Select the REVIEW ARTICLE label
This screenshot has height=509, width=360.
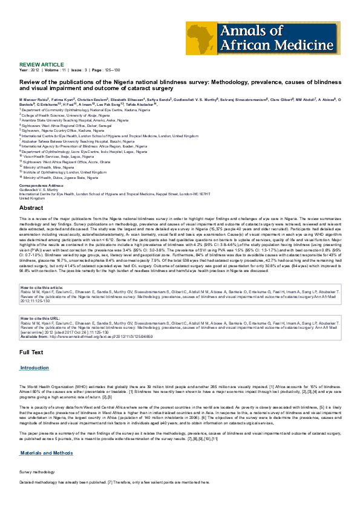pyautogui.click(x=41, y=63)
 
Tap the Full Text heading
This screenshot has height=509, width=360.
pyautogui.click(x=31, y=351)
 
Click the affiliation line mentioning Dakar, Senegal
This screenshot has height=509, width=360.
pyautogui.click(x=61, y=123)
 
